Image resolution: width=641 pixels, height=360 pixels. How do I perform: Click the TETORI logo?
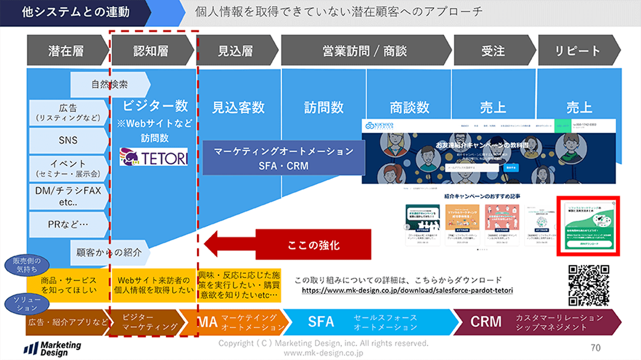[154, 157]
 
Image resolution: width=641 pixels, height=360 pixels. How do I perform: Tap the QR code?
[588, 285]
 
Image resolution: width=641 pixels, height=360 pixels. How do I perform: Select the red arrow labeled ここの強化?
[288, 244]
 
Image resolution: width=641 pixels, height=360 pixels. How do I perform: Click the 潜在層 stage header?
[66, 51]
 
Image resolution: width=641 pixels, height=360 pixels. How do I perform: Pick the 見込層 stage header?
[236, 51]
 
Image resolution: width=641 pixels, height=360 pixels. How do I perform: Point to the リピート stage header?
[577, 51]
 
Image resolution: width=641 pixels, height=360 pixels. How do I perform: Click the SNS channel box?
[68, 140]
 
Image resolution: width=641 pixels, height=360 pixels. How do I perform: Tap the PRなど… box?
[68, 224]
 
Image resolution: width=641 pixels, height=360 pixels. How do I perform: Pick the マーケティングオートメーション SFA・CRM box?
[284, 158]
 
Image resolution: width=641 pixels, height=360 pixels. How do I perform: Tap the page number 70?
[595, 347]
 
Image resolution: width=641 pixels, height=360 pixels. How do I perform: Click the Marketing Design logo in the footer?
[53, 348]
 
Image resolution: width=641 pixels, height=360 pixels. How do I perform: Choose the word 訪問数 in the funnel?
[324, 107]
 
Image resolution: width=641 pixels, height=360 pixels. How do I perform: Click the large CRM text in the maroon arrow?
[486, 321]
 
